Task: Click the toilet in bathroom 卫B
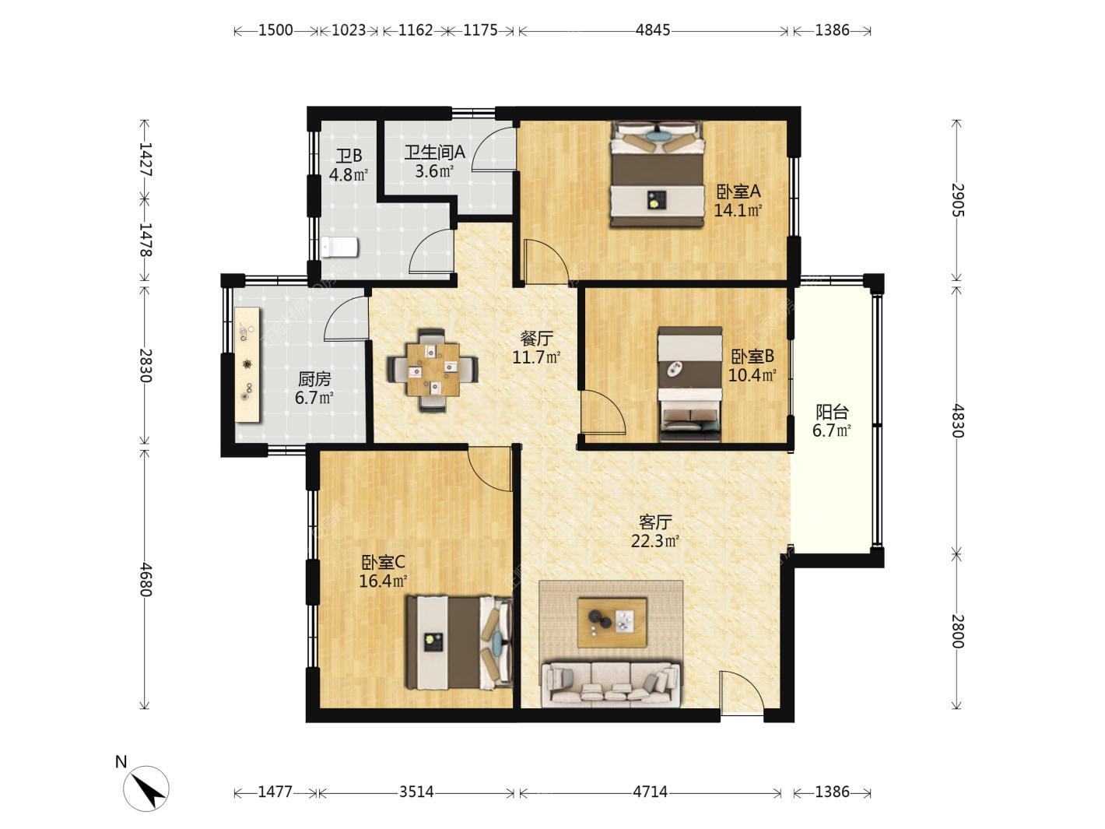click(340, 247)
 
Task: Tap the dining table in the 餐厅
click(433, 370)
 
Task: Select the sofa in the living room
click(611, 684)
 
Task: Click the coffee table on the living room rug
click(612, 623)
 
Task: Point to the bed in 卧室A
click(657, 174)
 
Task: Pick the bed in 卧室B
click(689, 384)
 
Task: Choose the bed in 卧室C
click(460, 642)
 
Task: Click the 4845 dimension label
click(652, 30)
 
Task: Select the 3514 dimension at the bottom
click(416, 792)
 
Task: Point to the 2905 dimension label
click(957, 200)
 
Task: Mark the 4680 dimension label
click(145, 579)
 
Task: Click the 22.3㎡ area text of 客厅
click(655, 541)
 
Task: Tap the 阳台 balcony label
click(832, 413)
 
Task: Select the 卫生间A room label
click(435, 152)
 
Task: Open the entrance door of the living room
click(742, 693)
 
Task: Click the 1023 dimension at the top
click(349, 30)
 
